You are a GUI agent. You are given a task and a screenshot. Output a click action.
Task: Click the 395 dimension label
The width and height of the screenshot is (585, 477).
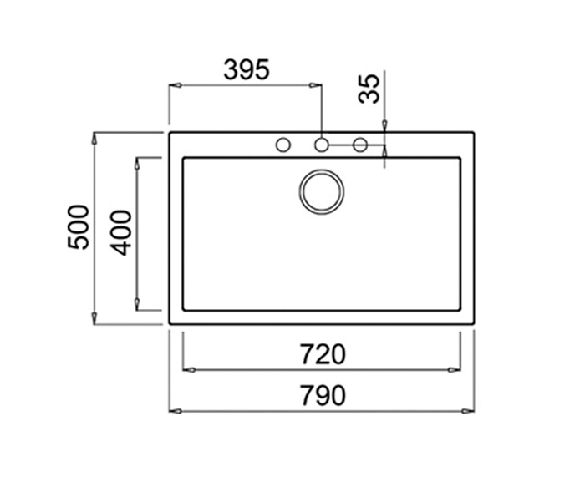click(246, 69)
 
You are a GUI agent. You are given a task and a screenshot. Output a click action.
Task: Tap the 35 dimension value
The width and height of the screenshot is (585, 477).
click(369, 88)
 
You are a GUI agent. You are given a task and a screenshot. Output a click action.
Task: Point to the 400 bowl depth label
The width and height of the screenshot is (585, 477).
click(121, 232)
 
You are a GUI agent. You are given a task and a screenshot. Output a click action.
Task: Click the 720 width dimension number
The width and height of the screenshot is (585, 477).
click(322, 355)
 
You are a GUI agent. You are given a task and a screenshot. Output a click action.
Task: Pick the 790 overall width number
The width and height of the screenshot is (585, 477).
click(322, 396)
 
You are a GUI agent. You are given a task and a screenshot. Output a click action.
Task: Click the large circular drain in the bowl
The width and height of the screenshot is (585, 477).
click(320, 190)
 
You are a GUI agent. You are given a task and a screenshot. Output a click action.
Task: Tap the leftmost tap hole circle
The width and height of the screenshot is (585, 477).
click(282, 145)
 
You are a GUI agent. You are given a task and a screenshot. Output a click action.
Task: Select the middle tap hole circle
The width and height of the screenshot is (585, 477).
click(321, 145)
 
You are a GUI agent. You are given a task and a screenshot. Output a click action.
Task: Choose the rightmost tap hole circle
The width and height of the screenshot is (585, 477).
click(360, 145)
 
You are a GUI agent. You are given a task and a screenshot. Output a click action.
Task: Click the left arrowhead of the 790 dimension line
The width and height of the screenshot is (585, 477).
click(175, 410)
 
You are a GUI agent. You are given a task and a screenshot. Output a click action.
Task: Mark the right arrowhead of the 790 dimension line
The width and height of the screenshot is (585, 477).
click(469, 410)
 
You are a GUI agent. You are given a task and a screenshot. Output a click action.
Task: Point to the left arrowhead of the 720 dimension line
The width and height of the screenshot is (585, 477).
click(188, 369)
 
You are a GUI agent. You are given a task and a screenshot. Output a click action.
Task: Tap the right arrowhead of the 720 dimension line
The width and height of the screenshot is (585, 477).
click(455, 369)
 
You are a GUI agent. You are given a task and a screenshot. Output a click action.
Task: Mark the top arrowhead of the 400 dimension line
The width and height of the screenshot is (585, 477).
click(138, 163)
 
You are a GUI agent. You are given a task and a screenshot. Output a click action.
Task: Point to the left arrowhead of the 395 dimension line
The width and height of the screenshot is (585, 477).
click(175, 84)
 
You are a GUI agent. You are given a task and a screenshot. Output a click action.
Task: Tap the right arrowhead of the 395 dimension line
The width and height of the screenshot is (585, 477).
click(316, 84)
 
